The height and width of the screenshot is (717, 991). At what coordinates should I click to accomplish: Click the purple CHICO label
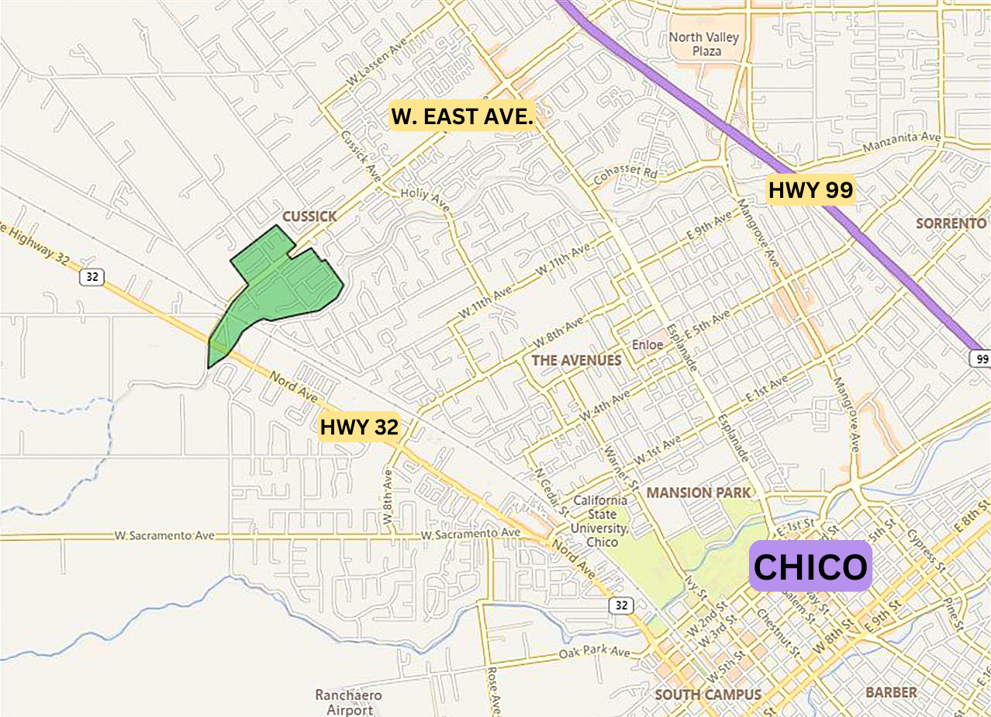810,566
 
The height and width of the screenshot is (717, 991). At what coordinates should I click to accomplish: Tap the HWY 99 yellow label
810,189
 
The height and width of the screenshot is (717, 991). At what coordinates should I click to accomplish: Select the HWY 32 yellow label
359,427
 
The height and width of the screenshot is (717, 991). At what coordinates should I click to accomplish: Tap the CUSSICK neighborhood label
309,216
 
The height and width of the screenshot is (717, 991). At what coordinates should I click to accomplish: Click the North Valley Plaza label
705,44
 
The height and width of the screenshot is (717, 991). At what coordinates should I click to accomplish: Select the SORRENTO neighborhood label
951,223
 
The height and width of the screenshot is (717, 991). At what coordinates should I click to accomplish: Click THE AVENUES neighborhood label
576,360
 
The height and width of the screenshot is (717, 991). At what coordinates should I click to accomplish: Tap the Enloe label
647,344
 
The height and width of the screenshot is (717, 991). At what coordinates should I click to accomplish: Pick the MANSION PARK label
698,493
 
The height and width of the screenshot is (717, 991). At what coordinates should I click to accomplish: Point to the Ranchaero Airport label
344,701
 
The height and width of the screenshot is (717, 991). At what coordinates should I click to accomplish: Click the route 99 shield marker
980,358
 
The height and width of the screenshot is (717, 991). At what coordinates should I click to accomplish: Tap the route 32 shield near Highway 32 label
92,277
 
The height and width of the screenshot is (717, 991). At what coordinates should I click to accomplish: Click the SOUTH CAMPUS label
708,694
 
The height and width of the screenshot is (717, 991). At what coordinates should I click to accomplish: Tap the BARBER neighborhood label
891,692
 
